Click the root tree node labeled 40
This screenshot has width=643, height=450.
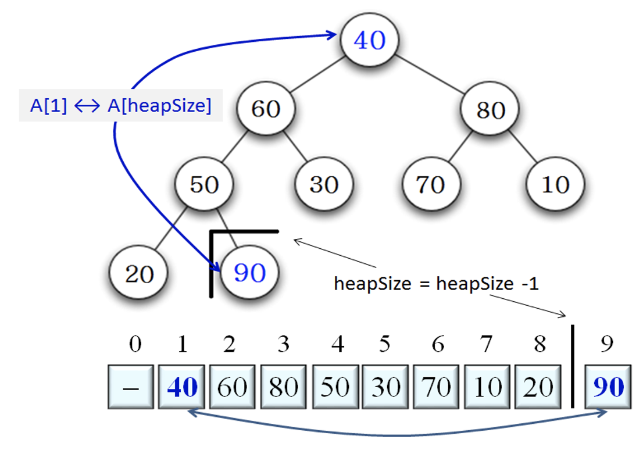pos(370,40)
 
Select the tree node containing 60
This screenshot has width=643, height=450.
pos(266,109)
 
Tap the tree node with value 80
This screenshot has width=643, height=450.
pos(491,109)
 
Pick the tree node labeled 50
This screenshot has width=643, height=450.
pos(204,184)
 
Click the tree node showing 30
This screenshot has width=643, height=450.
pos(324,184)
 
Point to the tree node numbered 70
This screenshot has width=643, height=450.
pos(430,184)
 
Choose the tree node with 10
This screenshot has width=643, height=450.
pos(555,184)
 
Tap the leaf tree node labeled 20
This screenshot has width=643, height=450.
pos(138,273)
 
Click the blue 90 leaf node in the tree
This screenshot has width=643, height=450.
pos(249,273)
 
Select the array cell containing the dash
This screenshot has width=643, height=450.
pos(131,387)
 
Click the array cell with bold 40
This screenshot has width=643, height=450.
pos(182,387)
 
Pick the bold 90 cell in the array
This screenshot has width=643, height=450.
pos(608,387)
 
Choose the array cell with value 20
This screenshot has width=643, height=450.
pos(538,387)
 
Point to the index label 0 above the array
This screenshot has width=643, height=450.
pos(135,345)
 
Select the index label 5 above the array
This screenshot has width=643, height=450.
pos(384,345)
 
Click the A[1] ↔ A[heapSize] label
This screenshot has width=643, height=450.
pos(121,106)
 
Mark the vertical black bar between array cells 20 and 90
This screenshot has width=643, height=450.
pos(573,366)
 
